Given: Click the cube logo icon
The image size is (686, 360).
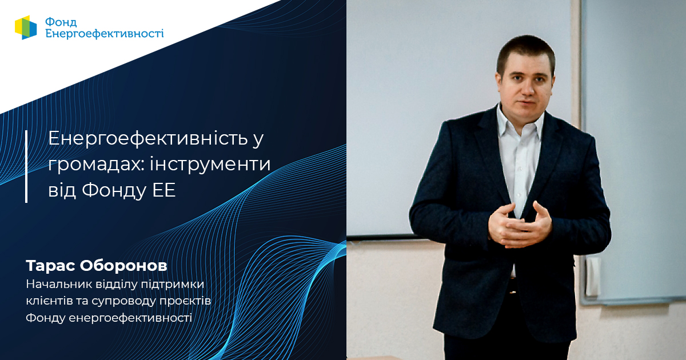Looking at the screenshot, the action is click(26, 27).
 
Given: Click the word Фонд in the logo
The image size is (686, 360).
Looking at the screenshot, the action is click(61, 22).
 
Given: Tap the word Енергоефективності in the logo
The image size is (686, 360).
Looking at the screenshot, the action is click(105, 34).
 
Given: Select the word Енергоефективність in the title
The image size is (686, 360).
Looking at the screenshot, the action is click(148, 138).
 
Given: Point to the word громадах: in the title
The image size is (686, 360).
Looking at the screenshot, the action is click(95, 165).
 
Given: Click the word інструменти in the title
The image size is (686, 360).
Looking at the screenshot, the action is click(210, 164).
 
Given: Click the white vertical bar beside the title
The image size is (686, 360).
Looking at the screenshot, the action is click(26, 166).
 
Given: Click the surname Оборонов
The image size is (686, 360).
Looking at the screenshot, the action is click(123, 265).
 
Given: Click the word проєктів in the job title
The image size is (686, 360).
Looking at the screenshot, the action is click(185, 301).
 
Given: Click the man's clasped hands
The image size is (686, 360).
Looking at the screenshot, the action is click(520, 226).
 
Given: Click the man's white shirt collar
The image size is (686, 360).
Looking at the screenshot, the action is click(521, 122).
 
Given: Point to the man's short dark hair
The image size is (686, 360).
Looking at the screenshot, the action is click(525, 50).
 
